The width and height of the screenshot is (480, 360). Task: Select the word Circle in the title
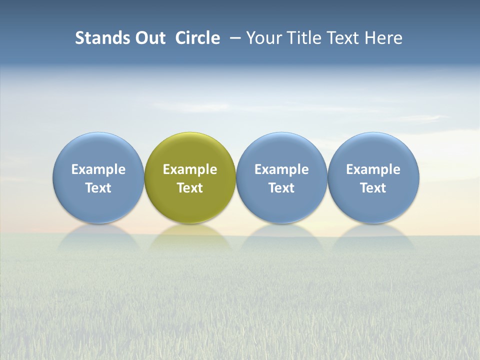pos(197,38)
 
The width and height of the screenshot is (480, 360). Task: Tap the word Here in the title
pos(383,38)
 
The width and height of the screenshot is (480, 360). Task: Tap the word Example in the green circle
pos(190,169)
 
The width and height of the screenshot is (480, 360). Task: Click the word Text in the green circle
pos(190,188)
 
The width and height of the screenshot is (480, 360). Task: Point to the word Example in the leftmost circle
pos(98,169)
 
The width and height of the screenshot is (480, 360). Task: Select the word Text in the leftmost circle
pos(98,188)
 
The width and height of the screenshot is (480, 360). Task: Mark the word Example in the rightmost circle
pos(373,169)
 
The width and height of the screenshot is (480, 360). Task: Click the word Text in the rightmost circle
pos(373,188)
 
